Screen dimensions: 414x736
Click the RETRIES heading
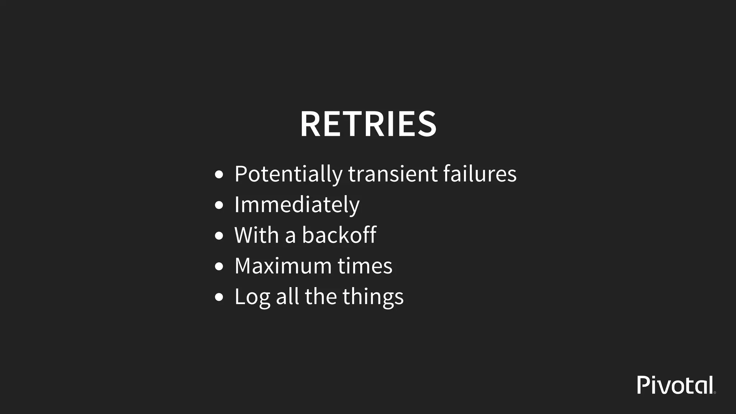coord(368,124)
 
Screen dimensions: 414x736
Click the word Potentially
coord(289,174)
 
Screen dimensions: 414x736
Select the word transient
coord(393,174)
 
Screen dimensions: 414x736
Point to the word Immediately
coord(297,205)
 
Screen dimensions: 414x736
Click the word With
coord(256,235)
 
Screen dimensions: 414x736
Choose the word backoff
coord(339,235)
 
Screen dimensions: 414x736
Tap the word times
coord(365,266)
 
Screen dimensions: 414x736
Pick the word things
coord(373,297)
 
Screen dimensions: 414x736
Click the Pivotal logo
coord(676,385)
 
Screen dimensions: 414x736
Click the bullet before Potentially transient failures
coord(219,175)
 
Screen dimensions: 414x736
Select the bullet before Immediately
coord(219,206)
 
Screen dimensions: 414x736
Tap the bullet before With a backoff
coord(219,236)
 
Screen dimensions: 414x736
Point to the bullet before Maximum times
coord(219,267)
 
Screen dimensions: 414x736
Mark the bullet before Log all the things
coord(219,298)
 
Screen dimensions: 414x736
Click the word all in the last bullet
coord(287,297)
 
